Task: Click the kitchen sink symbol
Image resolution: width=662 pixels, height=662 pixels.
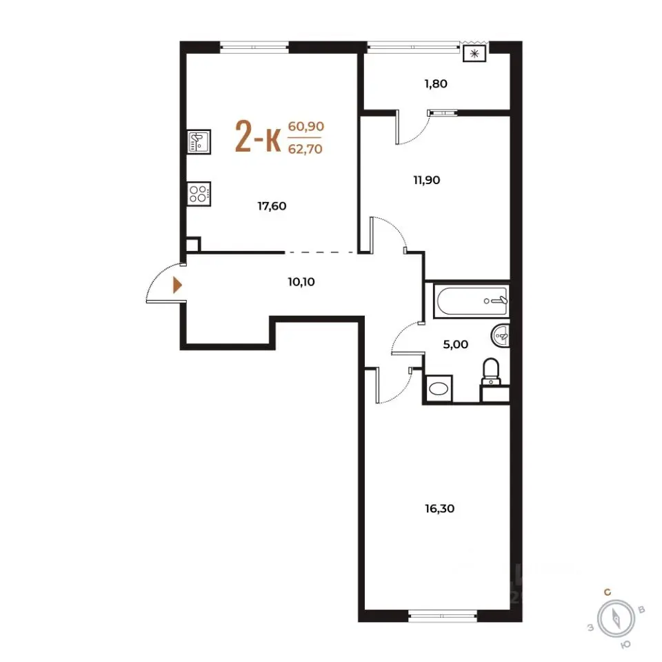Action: pyautogui.click(x=199, y=141)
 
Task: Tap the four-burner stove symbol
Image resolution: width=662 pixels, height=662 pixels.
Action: pyautogui.click(x=199, y=194)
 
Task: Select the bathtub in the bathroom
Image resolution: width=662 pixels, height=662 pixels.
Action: pyautogui.click(x=471, y=301)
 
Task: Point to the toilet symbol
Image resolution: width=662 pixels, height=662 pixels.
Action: pyautogui.click(x=491, y=372)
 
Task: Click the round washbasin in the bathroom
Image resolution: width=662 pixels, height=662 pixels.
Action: pyautogui.click(x=501, y=336)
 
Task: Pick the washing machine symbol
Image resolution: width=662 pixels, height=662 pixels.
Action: pyautogui.click(x=439, y=388)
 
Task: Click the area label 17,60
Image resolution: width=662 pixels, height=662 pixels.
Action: pyautogui.click(x=272, y=206)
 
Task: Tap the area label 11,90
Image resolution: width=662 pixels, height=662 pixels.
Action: pyautogui.click(x=426, y=180)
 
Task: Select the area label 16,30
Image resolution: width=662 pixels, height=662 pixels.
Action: pyautogui.click(x=439, y=508)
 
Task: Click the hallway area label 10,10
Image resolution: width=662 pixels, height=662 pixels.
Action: pyautogui.click(x=301, y=281)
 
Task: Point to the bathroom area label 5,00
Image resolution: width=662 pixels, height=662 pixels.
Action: pyautogui.click(x=456, y=345)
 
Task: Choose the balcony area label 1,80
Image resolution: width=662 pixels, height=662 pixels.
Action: pyautogui.click(x=436, y=83)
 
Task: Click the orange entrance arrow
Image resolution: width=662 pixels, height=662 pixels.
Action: pyautogui.click(x=177, y=285)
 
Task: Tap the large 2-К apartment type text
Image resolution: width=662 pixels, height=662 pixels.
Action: pyautogui.click(x=258, y=136)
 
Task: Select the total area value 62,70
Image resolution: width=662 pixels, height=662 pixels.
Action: pyautogui.click(x=305, y=149)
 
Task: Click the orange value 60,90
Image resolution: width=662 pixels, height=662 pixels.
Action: pyautogui.click(x=306, y=126)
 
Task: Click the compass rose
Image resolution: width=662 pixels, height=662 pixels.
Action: pyautogui.click(x=616, y=619)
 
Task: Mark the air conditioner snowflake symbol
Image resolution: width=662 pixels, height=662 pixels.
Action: pyautogui.click(x=474, y=54)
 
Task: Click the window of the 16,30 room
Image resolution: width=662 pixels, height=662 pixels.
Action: pyautogui.click(x=443, y=616)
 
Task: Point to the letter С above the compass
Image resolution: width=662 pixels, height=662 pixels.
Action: pyautogui.click(x=608, y=592)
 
